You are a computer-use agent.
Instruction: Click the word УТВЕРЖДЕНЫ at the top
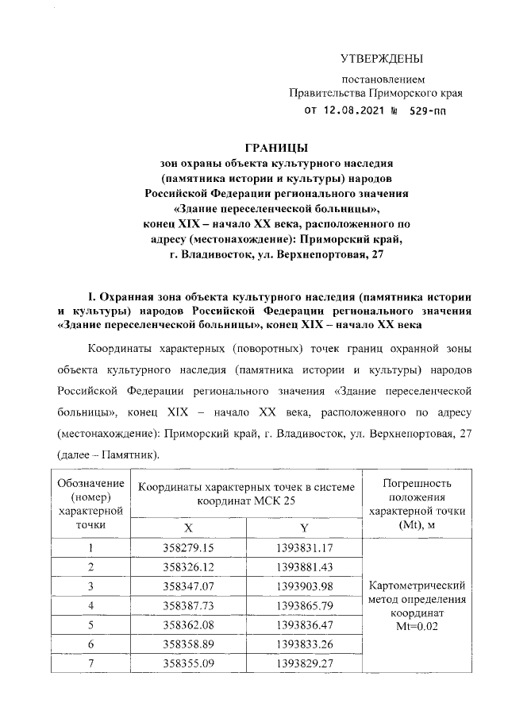[x=382, y=59]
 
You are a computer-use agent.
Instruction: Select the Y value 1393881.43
[x=304, y=566]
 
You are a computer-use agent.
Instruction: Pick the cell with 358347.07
[x=188, y=586]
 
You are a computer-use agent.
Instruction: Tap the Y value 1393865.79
[x=304, y=605]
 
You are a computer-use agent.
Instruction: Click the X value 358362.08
[x=188, y=624]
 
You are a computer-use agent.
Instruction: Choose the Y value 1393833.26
[x=304, y=644]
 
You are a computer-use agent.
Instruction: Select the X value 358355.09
[x=188, y=663]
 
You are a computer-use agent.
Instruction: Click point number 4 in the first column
[x=91, y=605]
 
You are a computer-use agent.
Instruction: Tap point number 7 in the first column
[x=91, y=663]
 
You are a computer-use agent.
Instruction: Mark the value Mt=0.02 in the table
[x=418, y=625]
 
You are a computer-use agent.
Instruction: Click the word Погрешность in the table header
[x=418, y=483]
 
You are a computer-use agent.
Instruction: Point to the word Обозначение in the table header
[x=91, y=483]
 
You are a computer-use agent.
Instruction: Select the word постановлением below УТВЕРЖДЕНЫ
[x=383, y=79]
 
